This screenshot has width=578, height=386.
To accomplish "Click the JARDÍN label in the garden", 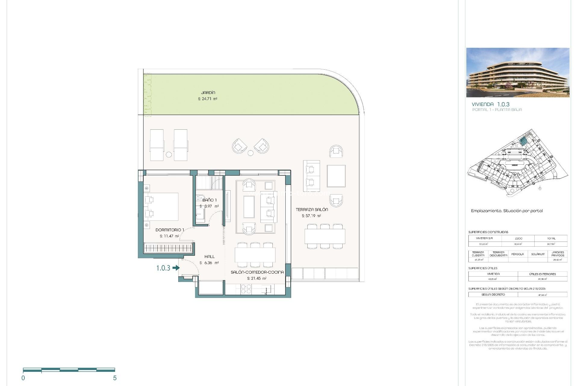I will (208, 93).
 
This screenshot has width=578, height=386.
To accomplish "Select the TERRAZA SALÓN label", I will (312, 210).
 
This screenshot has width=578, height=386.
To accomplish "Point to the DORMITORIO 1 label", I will (169, 230).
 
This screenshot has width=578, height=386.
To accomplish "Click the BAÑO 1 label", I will (210, 200).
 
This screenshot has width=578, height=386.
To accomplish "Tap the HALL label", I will (210, 257).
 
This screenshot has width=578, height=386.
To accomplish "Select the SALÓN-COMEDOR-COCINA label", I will (257, 272).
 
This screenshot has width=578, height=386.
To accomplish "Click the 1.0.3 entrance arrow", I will (176, 268).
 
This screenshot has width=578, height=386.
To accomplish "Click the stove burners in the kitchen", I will (246, 289).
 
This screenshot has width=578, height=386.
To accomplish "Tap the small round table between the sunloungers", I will (169, 155).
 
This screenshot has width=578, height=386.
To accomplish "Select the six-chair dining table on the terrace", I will (325, 236).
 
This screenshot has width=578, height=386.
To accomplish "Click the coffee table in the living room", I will (249, 207).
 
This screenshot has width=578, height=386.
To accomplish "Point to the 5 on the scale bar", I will (115, 378).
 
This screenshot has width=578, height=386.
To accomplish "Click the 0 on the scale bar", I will (23, 378).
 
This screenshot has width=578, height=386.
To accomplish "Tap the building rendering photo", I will (518, 72).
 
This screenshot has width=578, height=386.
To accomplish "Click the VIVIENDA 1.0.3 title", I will (491, 104).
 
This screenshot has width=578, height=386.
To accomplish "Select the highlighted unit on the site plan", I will (524, 141).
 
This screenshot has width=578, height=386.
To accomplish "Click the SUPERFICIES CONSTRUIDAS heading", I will (488, 232).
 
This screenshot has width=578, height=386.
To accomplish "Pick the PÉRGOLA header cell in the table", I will (517, 254).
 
